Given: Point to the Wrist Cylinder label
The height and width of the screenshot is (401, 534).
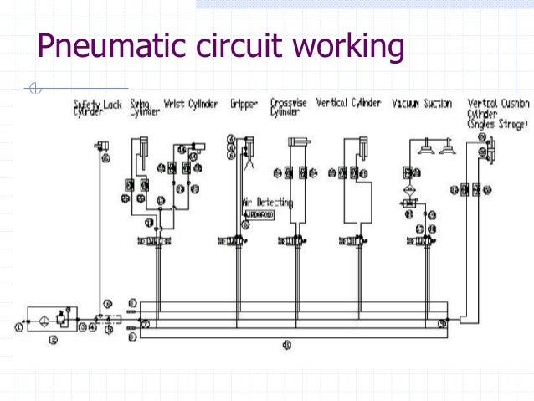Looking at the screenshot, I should pos(192,105).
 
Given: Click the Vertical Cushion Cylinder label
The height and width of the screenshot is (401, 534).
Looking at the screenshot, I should pos(498,113).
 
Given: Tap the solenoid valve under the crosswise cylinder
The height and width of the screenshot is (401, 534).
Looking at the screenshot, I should pos(293,241).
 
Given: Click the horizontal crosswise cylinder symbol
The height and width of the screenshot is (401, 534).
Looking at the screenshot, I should pos(299,143).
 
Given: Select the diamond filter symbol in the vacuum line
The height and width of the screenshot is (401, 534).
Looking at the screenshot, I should pos(410,191).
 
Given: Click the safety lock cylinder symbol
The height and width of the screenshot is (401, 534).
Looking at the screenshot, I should pos(105,146).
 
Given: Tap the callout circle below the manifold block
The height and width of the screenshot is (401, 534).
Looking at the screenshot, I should pos(286,344).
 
